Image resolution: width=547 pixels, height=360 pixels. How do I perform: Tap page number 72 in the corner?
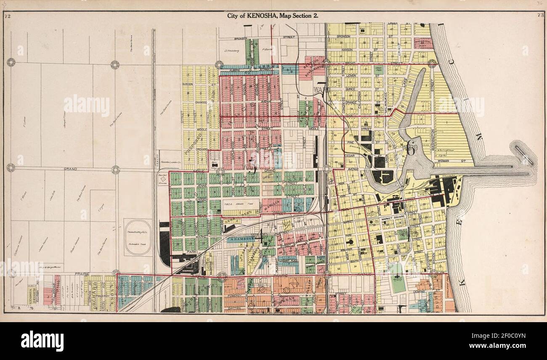[x=7, y=16]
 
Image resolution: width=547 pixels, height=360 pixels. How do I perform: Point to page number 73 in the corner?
[x=541, y=16]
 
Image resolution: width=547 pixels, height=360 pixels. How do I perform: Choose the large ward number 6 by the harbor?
[x=411, y=147]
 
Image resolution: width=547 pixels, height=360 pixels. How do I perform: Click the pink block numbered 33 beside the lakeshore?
[x=422, y=43]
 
